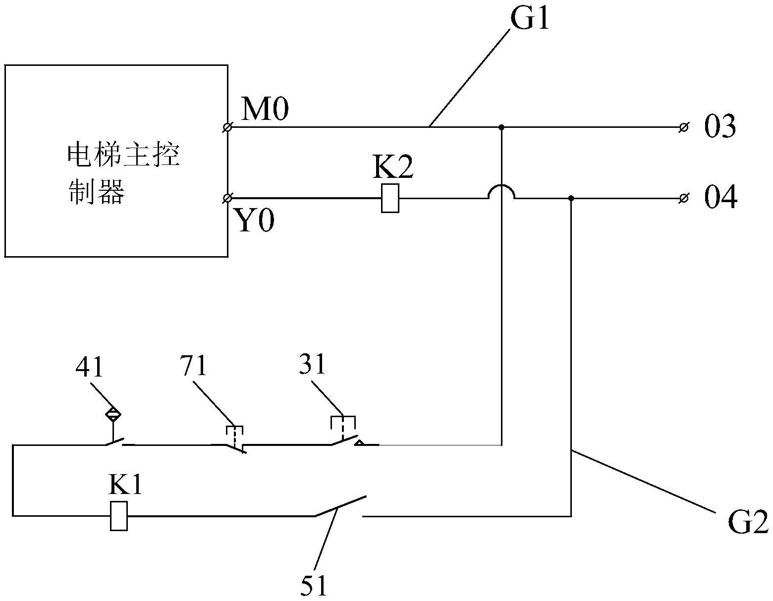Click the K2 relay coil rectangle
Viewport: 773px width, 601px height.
(390, 199)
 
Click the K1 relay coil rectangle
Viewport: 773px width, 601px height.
(118, 516)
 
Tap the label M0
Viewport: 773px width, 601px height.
(265, 109)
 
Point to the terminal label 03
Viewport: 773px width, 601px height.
(719, 127)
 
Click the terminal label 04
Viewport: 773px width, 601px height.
(720, 198)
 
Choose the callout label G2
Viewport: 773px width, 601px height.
(747, 522)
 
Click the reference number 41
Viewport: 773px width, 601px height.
(90, 368)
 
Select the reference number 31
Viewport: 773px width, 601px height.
(312, 364)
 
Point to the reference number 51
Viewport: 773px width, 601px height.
(314, 585)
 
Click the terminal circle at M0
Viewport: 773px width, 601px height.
(227, 127)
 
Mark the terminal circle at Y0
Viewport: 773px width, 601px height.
(227, 198)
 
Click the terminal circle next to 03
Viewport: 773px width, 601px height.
(684, 127)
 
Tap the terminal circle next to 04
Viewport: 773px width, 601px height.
(684, 198)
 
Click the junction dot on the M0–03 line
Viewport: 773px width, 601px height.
(502, 127)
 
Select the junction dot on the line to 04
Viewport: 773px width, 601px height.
(571, 198)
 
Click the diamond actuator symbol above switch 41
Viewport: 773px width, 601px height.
(112, 415)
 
